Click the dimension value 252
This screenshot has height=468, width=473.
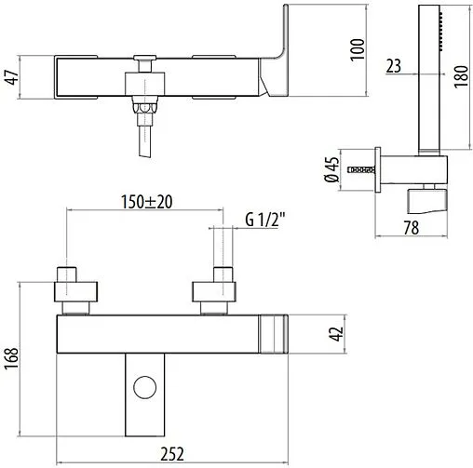click(x=172, y=454)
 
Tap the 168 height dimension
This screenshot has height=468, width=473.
click(x=12, y=358)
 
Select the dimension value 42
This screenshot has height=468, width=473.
click(x=336, y=334)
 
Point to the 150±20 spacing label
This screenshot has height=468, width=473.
click(x=146, y=202)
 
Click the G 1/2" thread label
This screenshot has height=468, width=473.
click(x=265, y=220)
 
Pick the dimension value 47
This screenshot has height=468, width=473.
click(x=12, y=77)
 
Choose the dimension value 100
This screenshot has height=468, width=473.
click(x=358, y=49)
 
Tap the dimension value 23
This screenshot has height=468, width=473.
click(x=394, y=66)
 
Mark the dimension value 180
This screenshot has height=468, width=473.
click(x=461, y=76)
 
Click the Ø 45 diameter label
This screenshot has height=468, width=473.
click(x=331, y=169)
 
